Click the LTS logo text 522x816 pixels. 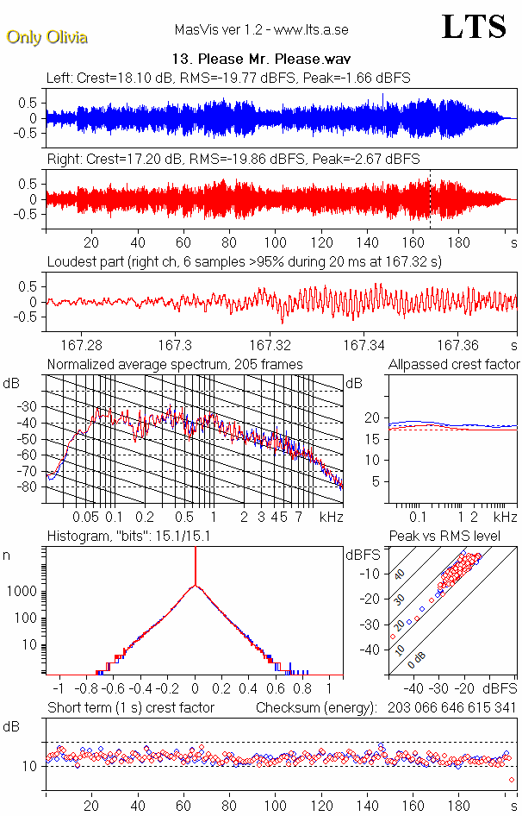click(473, 27)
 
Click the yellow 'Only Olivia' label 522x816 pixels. click(47, 37)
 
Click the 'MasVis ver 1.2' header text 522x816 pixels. click(261, 30)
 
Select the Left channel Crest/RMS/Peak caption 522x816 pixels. click(228, 78)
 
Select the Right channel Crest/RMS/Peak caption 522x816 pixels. click(233, 160)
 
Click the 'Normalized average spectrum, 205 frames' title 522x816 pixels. click(175, 365)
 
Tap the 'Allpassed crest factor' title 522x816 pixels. click(454, 365)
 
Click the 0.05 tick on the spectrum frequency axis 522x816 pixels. click(85, 517)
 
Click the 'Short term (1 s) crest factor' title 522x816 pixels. click(130, 708)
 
